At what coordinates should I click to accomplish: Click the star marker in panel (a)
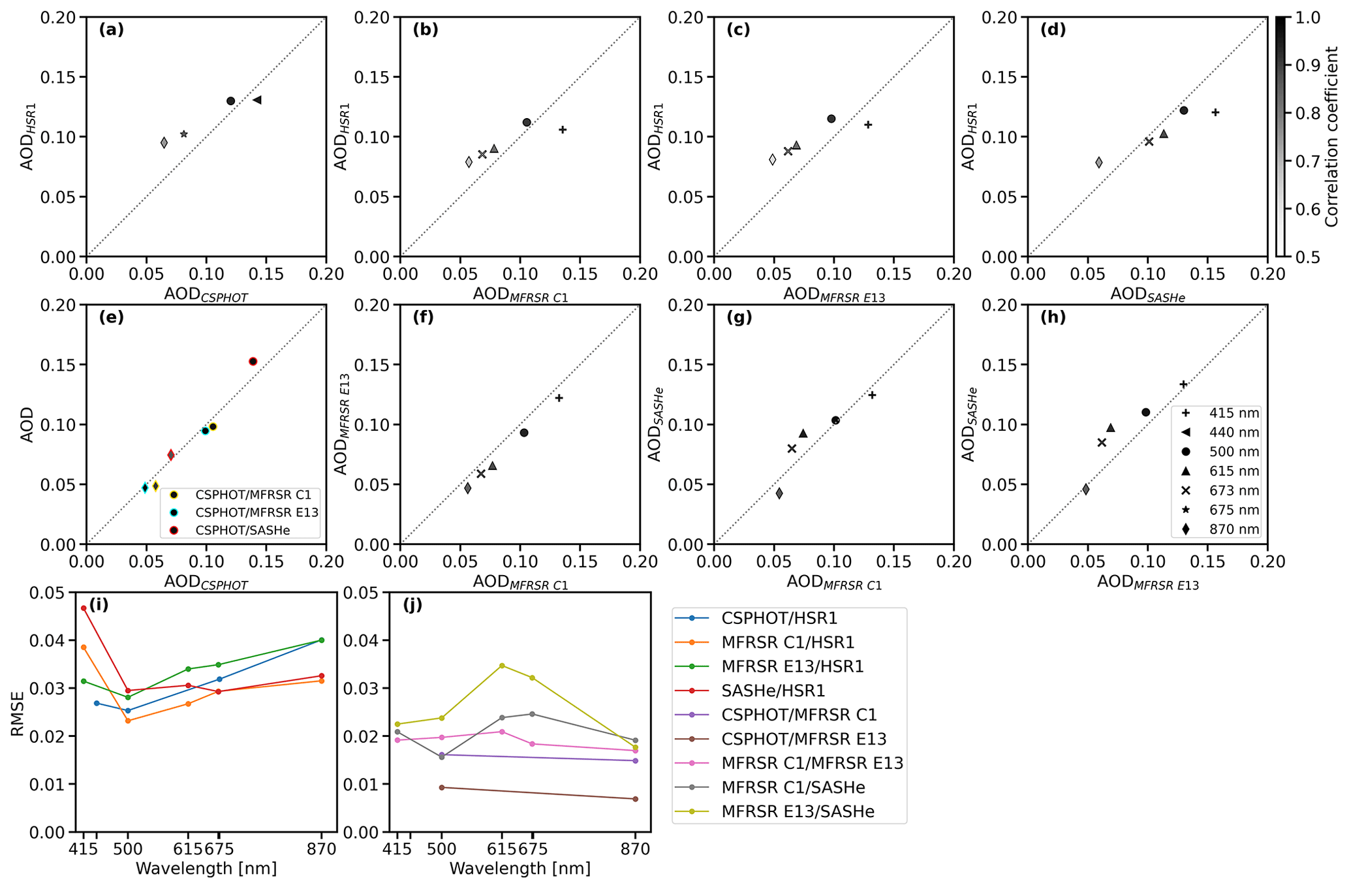point(184,134)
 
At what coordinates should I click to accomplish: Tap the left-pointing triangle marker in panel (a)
point(257,100)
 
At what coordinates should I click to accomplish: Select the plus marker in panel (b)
point(563,130)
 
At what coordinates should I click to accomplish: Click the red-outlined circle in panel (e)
point(253,362)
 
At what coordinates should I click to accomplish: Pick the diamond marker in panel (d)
point(1099,163)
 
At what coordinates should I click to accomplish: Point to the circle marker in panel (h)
point(1145,413)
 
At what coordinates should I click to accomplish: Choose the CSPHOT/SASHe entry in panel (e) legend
point(242,531)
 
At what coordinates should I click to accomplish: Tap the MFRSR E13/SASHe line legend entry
point(798,812)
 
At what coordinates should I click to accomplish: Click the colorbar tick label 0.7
point(1307,161)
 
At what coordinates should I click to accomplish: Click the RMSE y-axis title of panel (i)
point(18,713)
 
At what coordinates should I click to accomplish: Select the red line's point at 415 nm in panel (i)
point(84,608)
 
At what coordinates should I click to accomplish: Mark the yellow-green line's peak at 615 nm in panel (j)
point(502,666)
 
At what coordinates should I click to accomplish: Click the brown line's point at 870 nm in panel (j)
point(635,799)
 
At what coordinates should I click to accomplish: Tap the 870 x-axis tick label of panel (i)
point(321,850)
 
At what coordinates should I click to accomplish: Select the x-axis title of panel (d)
point(1147,296)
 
